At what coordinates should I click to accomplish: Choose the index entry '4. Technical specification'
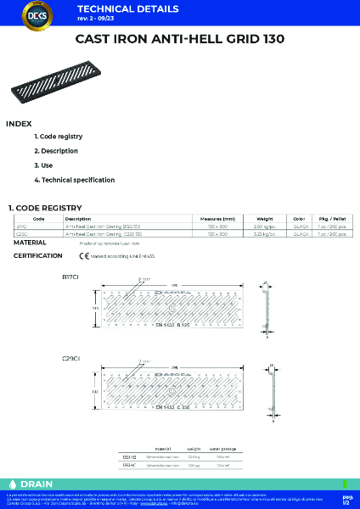pyautogui.click(x=75, y=180)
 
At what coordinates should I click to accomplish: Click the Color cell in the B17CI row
pyautogui.click(x=299, y=226)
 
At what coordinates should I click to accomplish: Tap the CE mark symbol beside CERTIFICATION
pyautogui.click(x=84, y=255)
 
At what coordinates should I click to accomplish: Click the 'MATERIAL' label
pyautogui.click(x=30, y=243)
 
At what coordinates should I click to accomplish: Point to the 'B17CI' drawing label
pyautogui.click(x=70, y=277)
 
